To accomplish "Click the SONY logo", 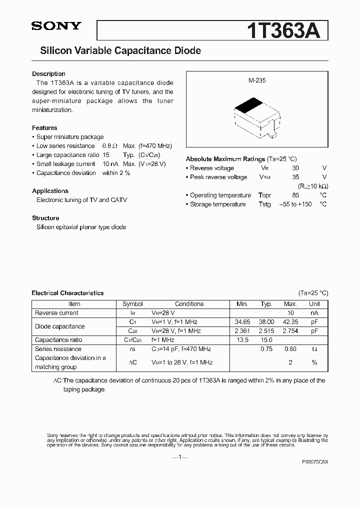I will [x=55, y=26].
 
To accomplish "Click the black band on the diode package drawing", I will [x=249, y=106].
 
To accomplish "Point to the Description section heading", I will [x=48, y=74].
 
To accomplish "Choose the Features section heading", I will [x=44, y=128].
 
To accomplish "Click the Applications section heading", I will [x=50, y=191].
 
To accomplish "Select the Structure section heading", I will [x=45, y=218].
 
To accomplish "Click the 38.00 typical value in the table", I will [x=266, y=322].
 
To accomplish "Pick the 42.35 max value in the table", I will [x=290, y=322].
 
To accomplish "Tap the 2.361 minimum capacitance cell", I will [x=242, y=331].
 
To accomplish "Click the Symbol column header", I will [x=132, y=304].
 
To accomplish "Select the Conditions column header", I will [x=189, y=304].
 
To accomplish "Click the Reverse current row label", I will [x=56, y=313].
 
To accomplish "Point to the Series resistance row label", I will [x=58, y=349].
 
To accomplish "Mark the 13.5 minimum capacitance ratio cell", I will [x=242, y=340].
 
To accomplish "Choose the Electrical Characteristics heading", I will [x=67, y=293].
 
